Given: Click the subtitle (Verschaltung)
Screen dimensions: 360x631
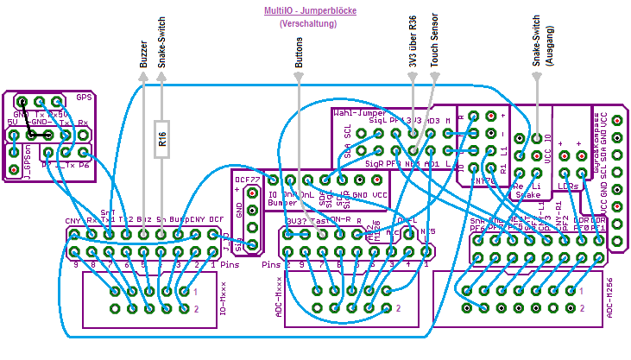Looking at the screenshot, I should pos(308,24).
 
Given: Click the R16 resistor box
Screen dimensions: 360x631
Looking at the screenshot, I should pos(161,139).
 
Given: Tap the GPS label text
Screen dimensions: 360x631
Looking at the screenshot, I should pos(84,97).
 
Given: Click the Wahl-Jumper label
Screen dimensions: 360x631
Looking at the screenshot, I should pos(359,112).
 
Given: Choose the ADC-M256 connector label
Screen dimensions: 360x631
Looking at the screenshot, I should pos(610,299).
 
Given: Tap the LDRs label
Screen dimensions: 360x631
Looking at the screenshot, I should pos(568,186).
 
